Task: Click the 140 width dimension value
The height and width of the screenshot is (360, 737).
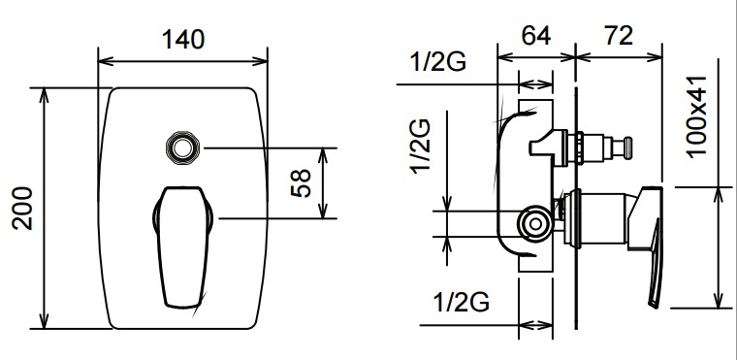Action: pos(183,39)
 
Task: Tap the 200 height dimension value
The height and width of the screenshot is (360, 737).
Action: pos(22,208)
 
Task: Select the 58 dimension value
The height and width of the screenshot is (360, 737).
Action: pos(301,182)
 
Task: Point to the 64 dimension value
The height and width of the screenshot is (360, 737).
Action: pos(536,35)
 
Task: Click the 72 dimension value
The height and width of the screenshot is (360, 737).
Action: pos(618,36)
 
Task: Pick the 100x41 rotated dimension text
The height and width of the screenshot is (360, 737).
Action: pos(696,116)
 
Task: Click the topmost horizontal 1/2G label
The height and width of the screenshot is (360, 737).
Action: pos(438,61)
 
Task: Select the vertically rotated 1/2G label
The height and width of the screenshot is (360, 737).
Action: pos(421,147)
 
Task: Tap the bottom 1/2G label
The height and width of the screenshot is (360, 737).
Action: pos(461,302)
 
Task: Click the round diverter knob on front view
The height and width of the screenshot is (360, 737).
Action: pos(182,147)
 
